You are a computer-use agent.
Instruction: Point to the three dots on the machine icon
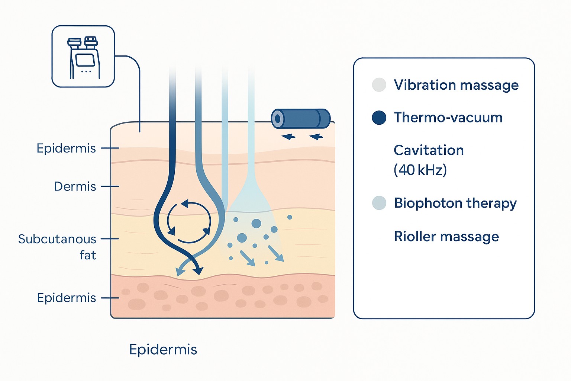[86, 71]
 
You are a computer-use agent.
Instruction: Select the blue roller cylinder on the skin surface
[300, 119]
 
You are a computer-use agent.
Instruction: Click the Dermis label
[75, 186]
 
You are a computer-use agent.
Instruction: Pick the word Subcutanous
[57, 239]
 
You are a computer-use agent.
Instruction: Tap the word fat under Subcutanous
[88, 255]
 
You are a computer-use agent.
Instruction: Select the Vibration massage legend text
[456, 85]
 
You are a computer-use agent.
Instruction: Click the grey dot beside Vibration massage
[379, 85]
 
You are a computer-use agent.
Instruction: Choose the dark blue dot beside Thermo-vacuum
[379, 118]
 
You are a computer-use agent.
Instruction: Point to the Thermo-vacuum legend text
[448, 117]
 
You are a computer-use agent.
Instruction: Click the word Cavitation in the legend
[429, 150]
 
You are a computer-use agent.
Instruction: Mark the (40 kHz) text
[420, 170]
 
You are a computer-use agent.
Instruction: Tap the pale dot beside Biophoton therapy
[379, 203]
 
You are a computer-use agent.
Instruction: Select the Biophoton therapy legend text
[455, 204]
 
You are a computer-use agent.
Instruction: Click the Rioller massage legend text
[446, 237]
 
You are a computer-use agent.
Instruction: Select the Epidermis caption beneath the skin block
[163, 350]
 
